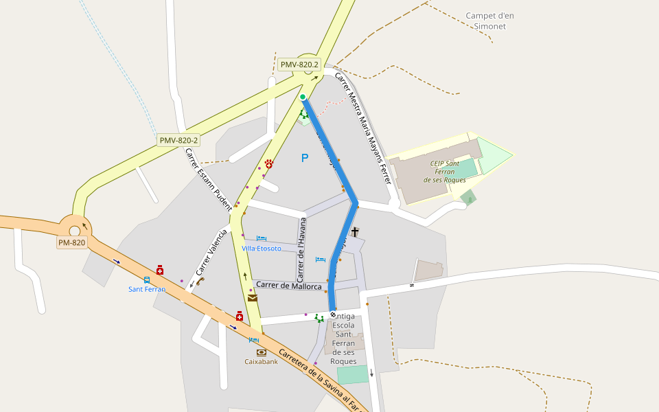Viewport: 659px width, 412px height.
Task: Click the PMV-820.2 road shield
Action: click(x=300, y=65)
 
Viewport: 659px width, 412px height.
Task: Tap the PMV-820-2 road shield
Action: click(x=178, y=140)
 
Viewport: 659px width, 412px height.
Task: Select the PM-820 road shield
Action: click(x=71, y=242)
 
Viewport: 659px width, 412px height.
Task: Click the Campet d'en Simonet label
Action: click(x=489, y=21)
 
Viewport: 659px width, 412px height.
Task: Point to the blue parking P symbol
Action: click(x=305, y=159)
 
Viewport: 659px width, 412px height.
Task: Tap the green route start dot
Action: click(x=303, y=97)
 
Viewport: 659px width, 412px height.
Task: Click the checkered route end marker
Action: click(x=333, y=314)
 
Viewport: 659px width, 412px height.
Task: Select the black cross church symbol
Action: click(x=355, y=232)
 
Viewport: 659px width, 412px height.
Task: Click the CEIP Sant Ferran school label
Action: click(x=445, y=172)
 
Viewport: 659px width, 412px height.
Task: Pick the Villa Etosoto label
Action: click(x=261, y=248)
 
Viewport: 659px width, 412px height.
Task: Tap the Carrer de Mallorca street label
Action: click(x=288, y=286)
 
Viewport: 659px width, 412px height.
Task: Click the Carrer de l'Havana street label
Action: click(x=301, y=244)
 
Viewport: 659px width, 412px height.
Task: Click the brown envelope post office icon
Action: click(x=253, y=298)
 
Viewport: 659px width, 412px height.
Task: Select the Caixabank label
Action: click(x=261, y=361)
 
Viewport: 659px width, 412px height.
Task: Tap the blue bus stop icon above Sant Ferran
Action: click(x=147, y=279)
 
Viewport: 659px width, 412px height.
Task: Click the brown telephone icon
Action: click(x=200, y=281)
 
